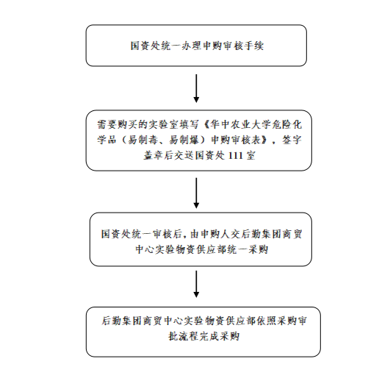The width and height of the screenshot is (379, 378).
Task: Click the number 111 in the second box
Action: (235, 155)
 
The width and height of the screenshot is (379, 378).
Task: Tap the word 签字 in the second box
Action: (292, 140)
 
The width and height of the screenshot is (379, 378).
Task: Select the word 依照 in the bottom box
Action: (267, 321)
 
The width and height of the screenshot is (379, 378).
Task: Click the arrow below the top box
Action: (196, 88)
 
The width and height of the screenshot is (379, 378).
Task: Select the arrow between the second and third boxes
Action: (196, 193)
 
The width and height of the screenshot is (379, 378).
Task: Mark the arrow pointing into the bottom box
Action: (196, 284)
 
